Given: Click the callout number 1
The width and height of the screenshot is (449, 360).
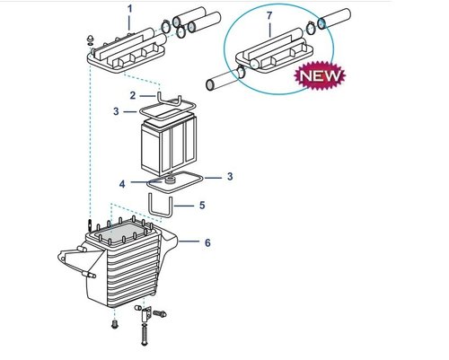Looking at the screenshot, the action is pyautogui.click(x=130, y=9).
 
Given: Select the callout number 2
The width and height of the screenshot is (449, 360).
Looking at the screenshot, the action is pyautogui.click(x=133, y=95).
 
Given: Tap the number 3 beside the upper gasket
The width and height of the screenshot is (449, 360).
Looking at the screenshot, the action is pyautogui.click(x=116, y=111).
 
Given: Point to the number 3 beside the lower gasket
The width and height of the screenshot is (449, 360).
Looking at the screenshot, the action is pyautogui.click(x=230, y=177).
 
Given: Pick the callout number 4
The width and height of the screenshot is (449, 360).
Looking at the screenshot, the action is pyautogui.click(x=122, y=184).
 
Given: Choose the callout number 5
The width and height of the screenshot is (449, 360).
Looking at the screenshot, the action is pyautogui.click(x=202, y=206).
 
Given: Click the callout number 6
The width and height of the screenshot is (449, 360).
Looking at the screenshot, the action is pyautogui.click(x=207, y=242).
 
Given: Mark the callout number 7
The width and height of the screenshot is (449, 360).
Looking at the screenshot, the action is pyautogui.click(x=269, y=15).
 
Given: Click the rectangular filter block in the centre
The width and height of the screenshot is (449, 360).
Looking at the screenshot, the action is pyautogui.click(x=169, y=145).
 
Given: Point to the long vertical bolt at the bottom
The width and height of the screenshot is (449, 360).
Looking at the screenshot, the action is pyautogui.click(x=145, y=334).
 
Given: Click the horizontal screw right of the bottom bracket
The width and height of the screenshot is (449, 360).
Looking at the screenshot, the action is pyautogui.click(x=160, y=313).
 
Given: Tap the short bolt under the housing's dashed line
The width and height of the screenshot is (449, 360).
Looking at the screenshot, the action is pyautogui.click(x=114, y=324).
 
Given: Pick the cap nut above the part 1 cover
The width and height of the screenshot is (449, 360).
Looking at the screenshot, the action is pyautogui.click(x=90, y=40).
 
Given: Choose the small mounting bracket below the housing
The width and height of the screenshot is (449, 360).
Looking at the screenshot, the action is pyautogui.click(x=146, y=313).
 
